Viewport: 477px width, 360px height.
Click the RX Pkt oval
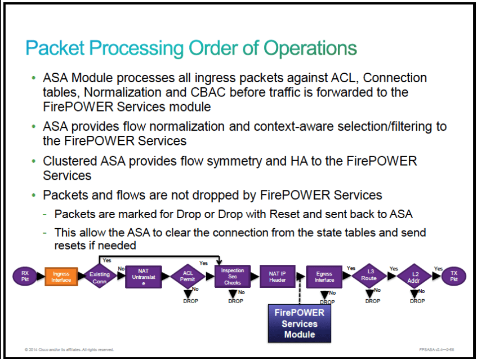[x=25, y=277]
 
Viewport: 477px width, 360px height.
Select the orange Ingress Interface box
[x=61, y=277]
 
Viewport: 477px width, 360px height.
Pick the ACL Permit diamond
[x=188, y=277]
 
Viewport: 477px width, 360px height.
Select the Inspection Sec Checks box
[x=233, y=277]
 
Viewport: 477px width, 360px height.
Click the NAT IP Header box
[x=277, y=277]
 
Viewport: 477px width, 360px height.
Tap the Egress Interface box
[x=324, y=277]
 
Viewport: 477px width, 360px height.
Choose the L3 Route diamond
[x=368, y=277]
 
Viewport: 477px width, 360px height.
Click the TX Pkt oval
[x=454, y=277]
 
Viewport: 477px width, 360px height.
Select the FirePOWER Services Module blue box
[x=300, y=323]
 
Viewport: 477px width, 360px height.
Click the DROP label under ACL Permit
[x=191, y=301]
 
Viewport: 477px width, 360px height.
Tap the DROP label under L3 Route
[x=372, y=301]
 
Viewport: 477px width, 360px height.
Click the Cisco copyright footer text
[x=69, y=349]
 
